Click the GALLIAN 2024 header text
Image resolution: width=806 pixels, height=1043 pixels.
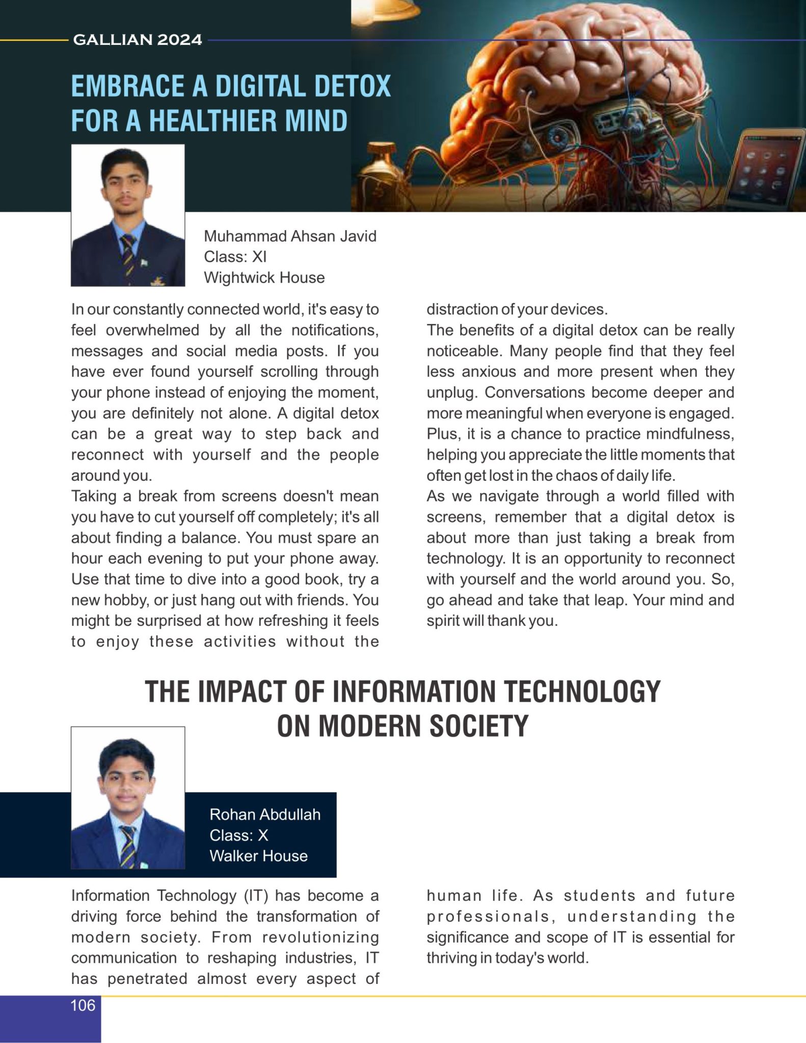click(x=138, y=39)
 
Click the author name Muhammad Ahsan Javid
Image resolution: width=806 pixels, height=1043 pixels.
click(x=290, y=236)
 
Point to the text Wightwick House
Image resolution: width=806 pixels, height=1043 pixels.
click(x=264, y=278)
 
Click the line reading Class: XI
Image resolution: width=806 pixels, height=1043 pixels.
click(x=235, y=257)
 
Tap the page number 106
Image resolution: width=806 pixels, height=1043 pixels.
click(x=83, y=1005)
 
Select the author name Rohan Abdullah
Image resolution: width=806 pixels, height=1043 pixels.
click(x=265, y=814)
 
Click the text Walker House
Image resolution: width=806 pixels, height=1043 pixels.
click(x=258, y=856)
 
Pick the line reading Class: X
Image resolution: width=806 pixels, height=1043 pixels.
click(x=238, y=835)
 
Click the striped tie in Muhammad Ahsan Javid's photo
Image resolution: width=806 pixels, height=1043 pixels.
click(x=127, y=255)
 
